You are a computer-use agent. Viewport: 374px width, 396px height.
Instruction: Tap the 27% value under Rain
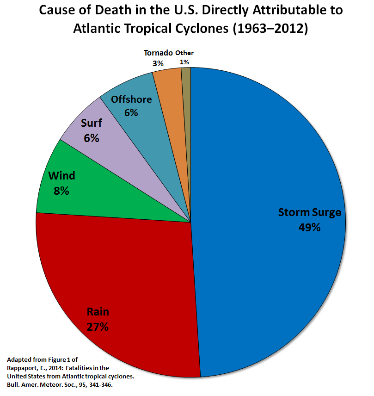point(98,327)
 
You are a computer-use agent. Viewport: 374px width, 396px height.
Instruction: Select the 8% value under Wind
point(61,190)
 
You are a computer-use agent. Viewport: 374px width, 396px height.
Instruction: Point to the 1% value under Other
point(184,62)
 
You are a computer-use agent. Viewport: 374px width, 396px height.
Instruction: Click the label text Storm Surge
point(309,212)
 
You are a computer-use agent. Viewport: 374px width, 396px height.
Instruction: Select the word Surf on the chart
point(92,123)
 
